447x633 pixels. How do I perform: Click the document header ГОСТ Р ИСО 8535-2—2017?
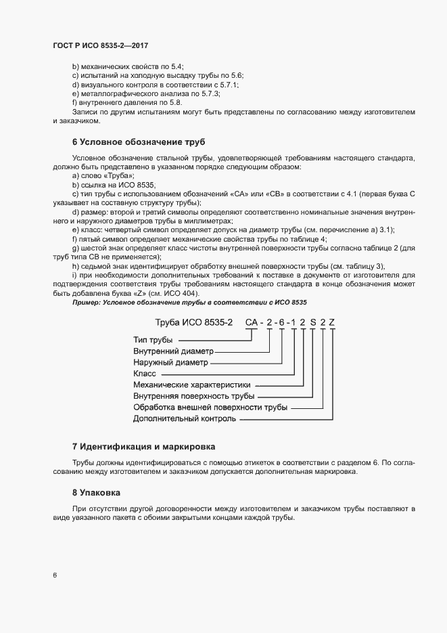[100, 45]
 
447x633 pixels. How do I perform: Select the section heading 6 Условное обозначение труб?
[138, 141]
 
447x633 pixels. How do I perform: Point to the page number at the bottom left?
[55, 575]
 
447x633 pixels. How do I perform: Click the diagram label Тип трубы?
[153, 339]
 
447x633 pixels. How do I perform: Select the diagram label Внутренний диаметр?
[173, 351]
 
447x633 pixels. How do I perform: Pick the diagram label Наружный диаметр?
[170, 363]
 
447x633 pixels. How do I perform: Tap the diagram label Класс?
[145, 374]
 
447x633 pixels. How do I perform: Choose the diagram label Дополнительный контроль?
[185, 419]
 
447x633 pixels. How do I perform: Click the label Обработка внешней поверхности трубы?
[210, 408]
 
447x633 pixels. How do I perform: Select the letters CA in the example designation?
[252, 322]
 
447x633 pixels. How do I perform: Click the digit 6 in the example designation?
[281, 322]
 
